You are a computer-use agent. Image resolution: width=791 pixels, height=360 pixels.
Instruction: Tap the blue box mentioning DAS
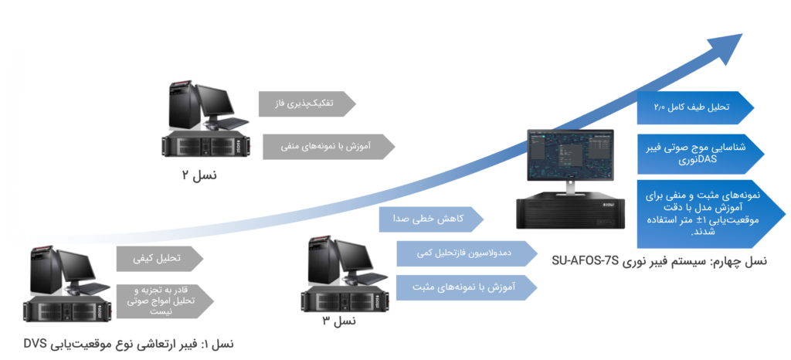pyautogui.click(x=699, y=153)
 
